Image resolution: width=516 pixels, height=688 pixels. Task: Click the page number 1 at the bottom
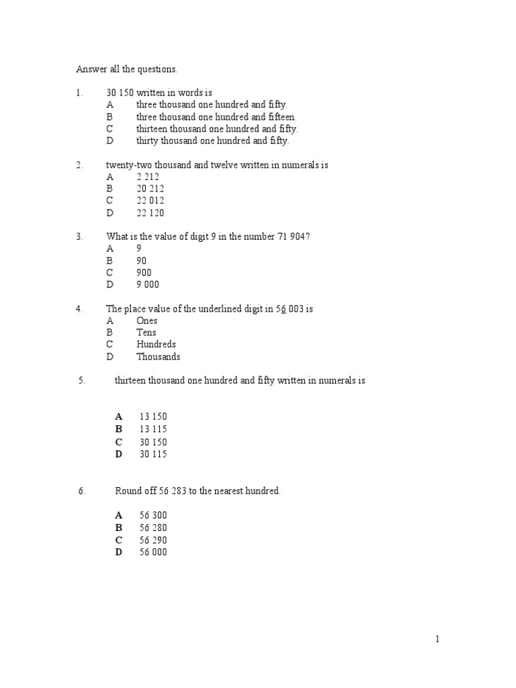click(x=437, y=640)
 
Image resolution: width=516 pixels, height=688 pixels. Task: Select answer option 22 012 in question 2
click(x=150, y=201)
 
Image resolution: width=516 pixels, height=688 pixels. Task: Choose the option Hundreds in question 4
click(x=156, y=345)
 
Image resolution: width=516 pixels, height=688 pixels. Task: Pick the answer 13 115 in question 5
click(x=153, y=429)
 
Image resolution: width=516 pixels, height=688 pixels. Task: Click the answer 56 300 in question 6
click(x=153, y=515)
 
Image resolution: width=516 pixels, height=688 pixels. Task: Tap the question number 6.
click(x=81, y=491)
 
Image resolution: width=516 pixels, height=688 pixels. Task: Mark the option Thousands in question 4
click(x=158, y=357)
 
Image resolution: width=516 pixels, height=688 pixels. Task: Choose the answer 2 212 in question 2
click(x=147, y=177)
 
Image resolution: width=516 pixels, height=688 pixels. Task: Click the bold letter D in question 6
click(x=119, y=552)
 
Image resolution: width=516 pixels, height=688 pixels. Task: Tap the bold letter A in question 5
click(x=119, y=417)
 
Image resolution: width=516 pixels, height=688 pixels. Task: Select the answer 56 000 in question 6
click(x=153, y=552)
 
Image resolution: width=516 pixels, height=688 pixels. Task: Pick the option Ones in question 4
click(x=146, y=320)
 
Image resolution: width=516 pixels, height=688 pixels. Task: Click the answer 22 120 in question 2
click(x=150, y=213)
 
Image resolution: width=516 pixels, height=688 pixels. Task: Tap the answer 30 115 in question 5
click(x=153, y=454)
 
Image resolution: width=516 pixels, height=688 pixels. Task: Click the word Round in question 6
click(x=128, y=491)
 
